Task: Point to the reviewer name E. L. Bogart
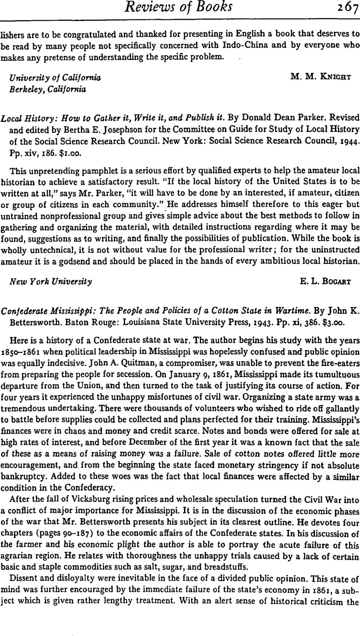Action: click(324, 282)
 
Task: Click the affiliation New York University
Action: click(51, 282)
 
